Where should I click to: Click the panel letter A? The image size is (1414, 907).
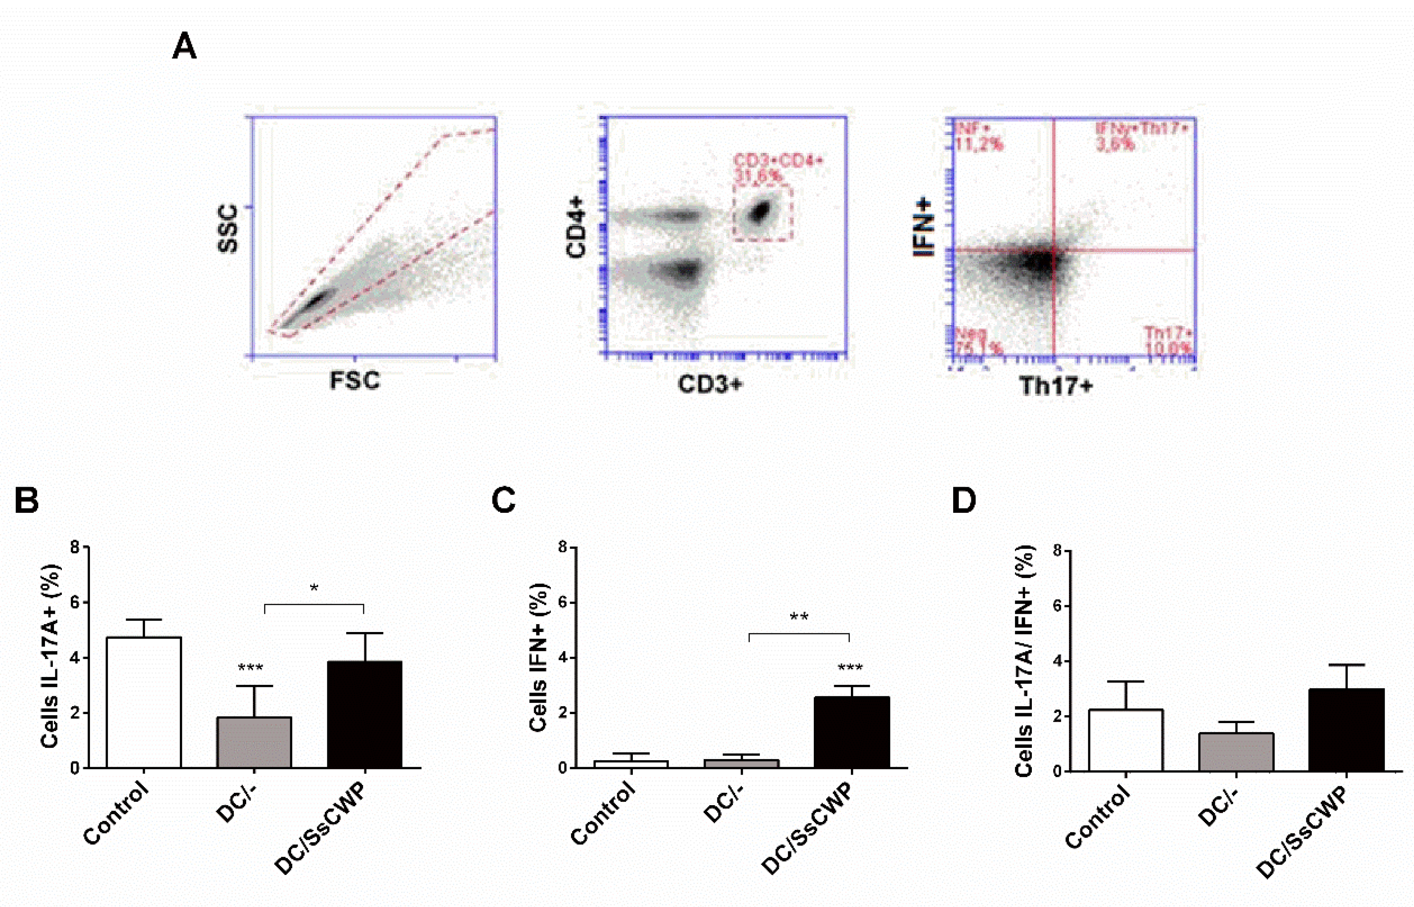tap(184, 47)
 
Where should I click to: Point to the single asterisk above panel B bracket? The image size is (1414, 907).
tap(314, 588)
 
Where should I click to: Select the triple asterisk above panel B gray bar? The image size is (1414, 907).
tap(250, 668)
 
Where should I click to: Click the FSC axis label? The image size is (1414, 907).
tap(355, 381)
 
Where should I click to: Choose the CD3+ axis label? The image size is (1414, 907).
tap(709, 384)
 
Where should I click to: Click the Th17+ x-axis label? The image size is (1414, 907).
tap(1055, 386)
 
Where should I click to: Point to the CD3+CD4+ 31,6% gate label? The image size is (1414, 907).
tap(776, 168)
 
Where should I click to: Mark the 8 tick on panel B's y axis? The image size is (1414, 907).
tap(75, 547)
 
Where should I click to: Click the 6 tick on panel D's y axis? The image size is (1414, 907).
tap(1058, 606)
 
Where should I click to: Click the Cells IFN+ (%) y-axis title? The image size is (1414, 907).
tap(538, 657)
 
